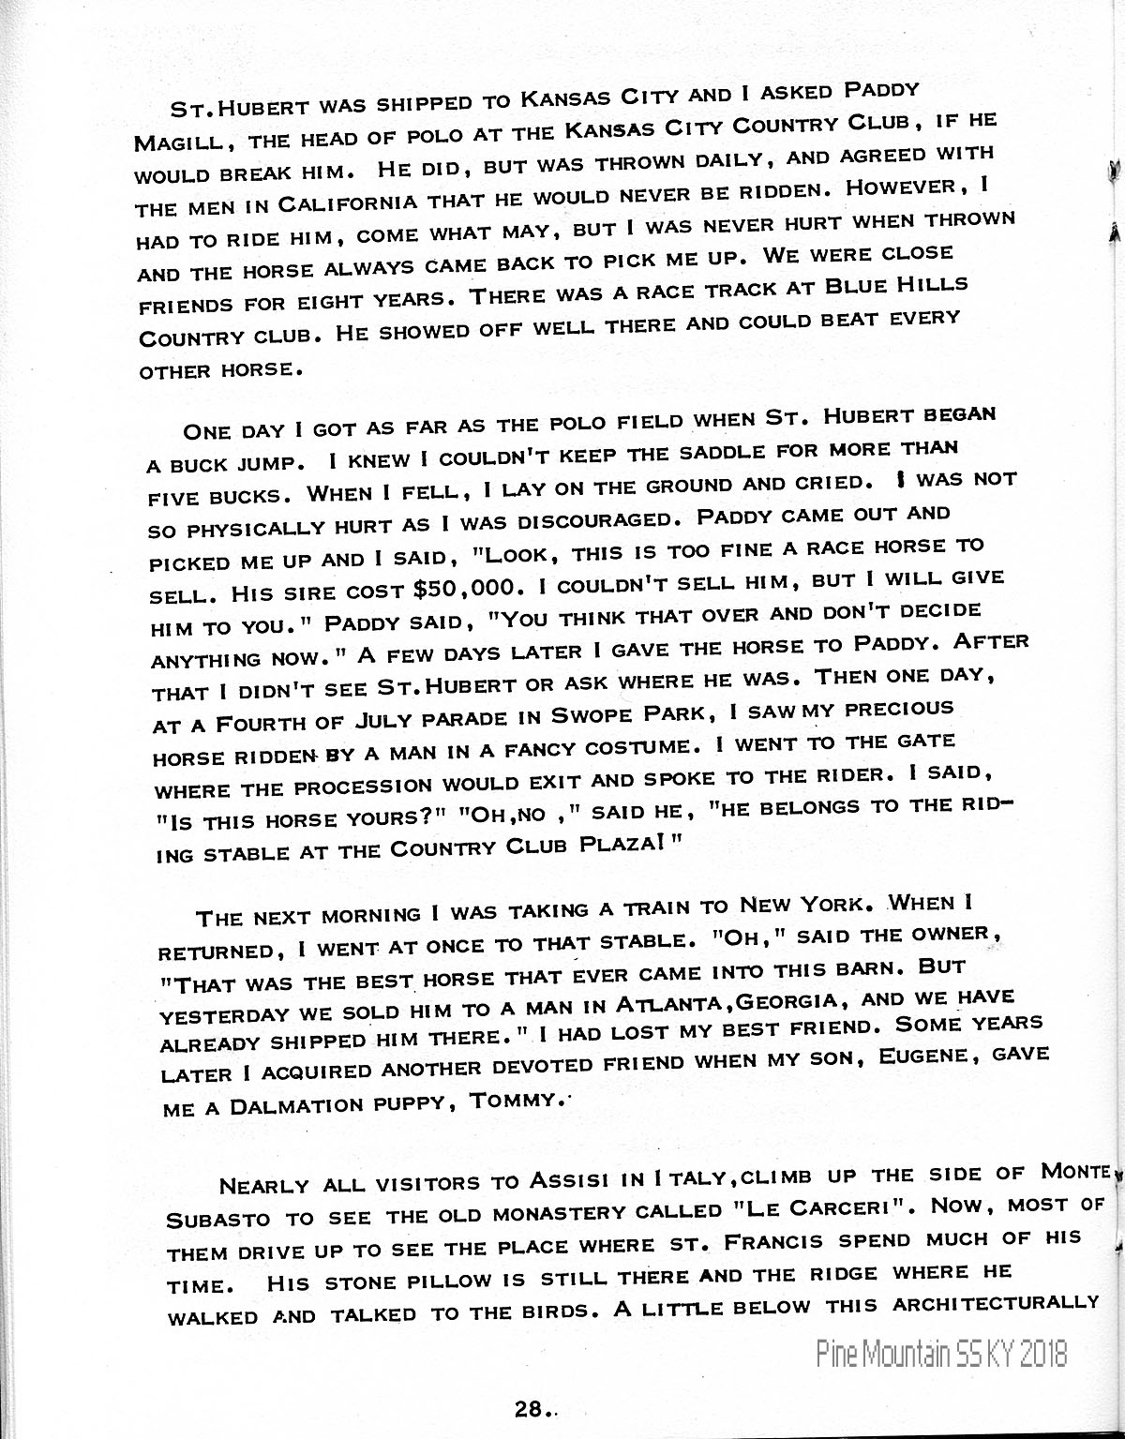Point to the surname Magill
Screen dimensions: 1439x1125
click(187, 142)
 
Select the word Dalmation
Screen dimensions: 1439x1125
click(293, 1105)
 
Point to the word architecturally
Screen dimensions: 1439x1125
click(995, 1303)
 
